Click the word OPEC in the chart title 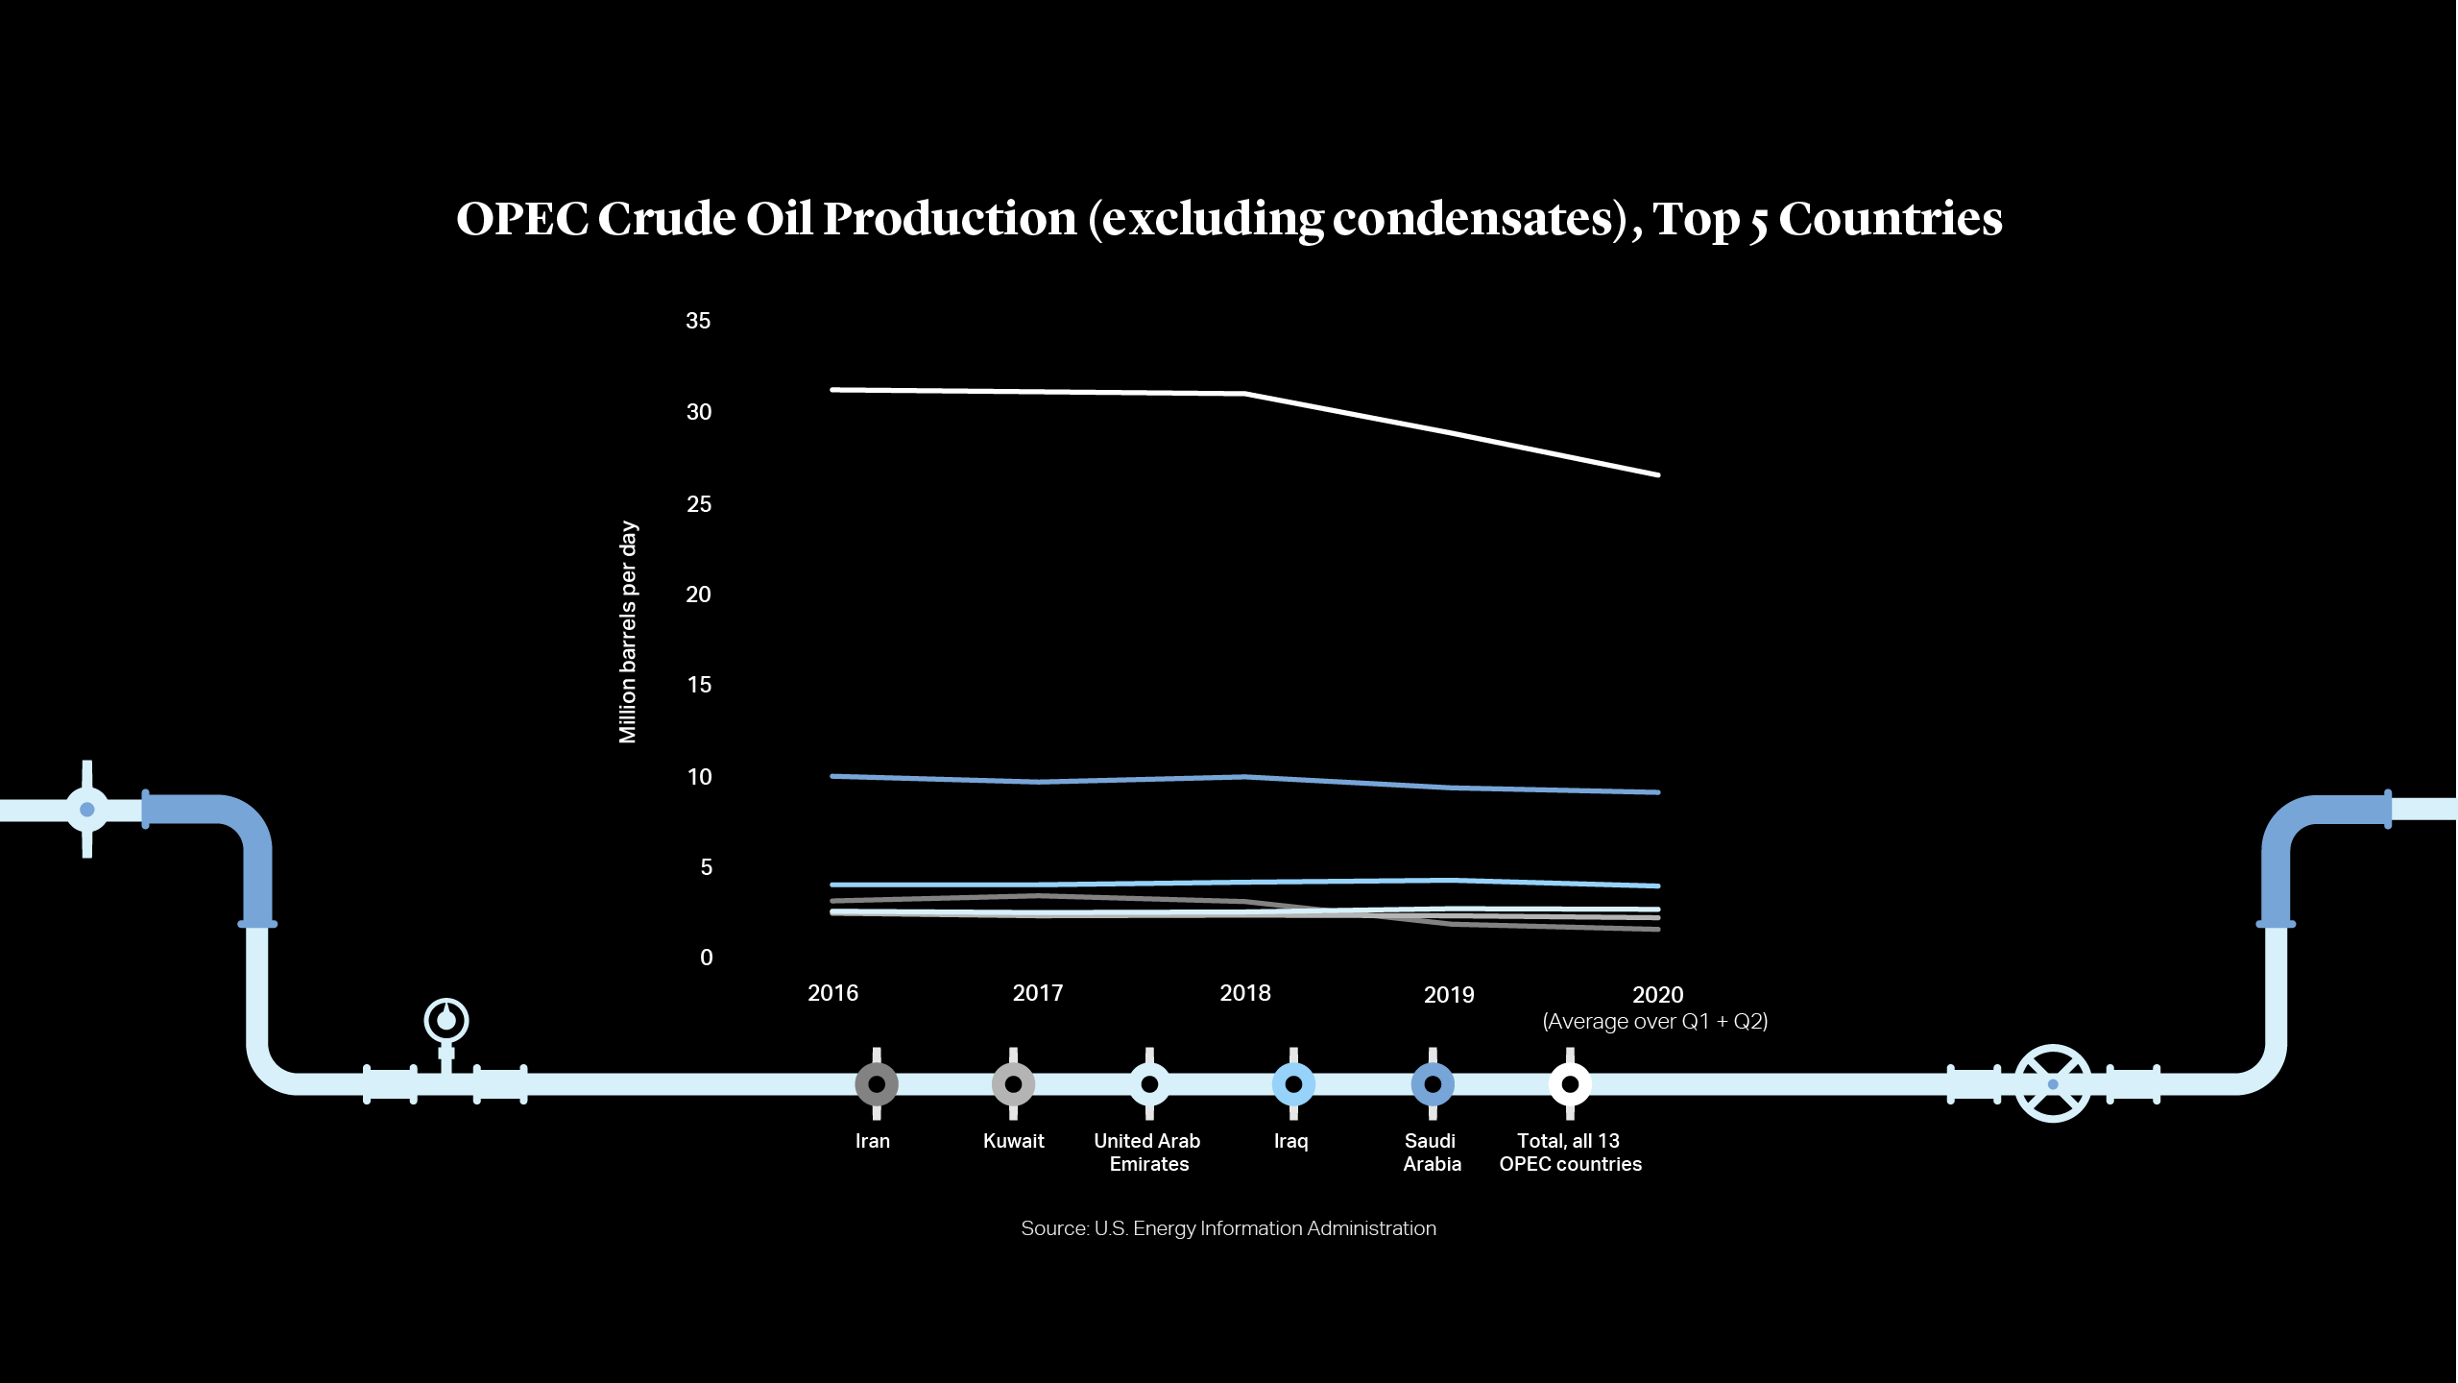[521, 219]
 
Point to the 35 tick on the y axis [698, 321]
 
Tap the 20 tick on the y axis [698, 594]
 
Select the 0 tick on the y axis [706, 958]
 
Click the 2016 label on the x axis [832, 993]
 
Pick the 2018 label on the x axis [1244, 993]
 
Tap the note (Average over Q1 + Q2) [1654, 1021]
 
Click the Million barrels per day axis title [627, 632]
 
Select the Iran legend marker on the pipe [876, 1084]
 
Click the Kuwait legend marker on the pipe [1013, 1084]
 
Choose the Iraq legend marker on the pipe [1293, 1084]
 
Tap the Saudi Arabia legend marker [1432, 1084]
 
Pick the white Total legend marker [1570, 1084]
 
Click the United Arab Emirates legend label [1147, 1152]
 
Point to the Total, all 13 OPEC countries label [1570, 1152]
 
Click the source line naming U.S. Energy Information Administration [1228, 1228]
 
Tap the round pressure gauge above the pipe [446, 1020]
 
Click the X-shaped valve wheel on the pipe [2052, 1083]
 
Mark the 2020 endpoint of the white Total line [1657, 474]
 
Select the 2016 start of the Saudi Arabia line [833, 776]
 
